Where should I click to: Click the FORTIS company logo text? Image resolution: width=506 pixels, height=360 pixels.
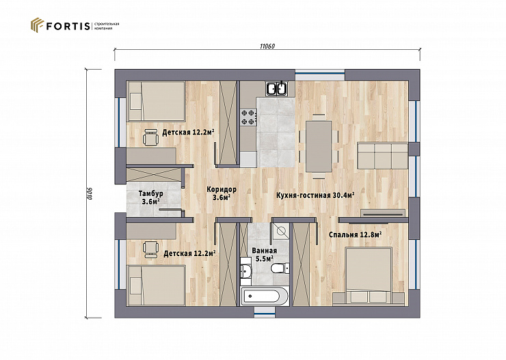[68, 26]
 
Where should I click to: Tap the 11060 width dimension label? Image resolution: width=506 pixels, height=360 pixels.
[267, 46]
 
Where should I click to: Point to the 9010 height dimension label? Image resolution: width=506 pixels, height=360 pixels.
[90, 193]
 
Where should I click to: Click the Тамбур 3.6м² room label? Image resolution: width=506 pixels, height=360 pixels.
[150, 197]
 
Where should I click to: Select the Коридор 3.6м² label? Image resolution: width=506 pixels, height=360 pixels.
[222, 193]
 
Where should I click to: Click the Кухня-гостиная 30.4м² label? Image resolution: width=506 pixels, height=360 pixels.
[316, 195]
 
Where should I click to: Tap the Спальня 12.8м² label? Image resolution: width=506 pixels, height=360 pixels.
[356, 234]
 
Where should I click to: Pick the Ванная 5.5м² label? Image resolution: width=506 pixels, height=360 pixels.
[265, 255]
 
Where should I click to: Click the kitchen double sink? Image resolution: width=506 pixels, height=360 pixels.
[277, 88]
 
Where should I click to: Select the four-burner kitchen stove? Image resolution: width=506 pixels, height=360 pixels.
[248, 117]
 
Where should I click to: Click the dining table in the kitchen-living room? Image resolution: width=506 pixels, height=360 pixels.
[319, 146]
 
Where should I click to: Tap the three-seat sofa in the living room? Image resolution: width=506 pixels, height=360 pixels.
[383, 156]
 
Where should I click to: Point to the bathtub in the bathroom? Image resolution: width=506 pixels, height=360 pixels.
[265, 296]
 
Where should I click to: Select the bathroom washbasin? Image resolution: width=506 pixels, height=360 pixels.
[246, 268]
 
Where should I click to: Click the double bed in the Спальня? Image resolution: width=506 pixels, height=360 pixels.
[369, 275]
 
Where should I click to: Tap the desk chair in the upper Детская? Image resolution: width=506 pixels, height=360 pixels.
[150, 137]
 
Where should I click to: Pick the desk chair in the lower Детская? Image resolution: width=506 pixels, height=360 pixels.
[150, 249]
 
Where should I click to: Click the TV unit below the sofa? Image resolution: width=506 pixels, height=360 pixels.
[383, 213]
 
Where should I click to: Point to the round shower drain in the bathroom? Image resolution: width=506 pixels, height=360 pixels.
[280, 231]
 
